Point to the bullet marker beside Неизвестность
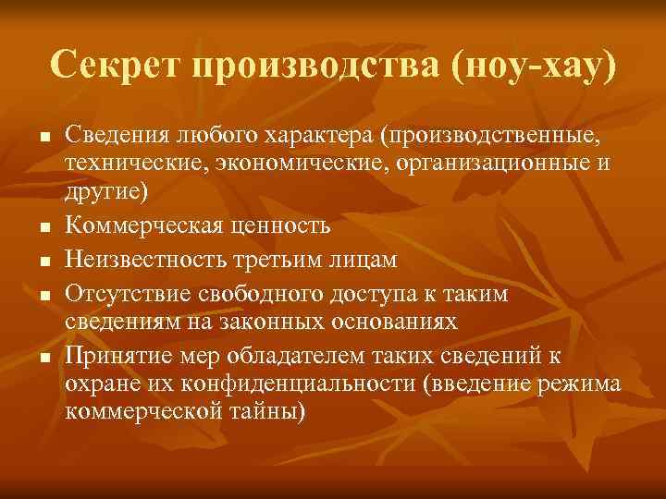[43, 262]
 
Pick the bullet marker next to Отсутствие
[43, 296]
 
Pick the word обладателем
[283, 356]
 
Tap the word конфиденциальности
[300, 384]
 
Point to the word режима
[579, 384]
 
